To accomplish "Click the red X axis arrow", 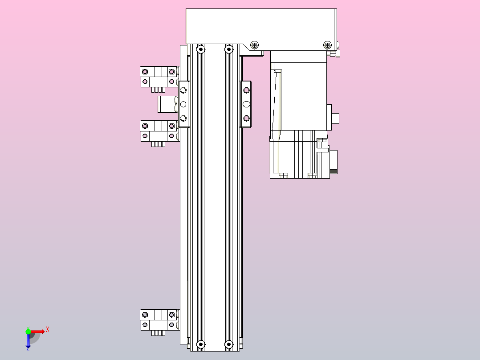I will click(x=39, y=331).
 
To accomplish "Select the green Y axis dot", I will click(x=28, y=331).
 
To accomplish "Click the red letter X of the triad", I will click(x=48, y=330).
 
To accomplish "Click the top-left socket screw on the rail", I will click(x=200, y=49).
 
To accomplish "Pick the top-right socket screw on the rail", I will click(x=229, y=49).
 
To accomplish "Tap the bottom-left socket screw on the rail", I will click(x=200, y=344).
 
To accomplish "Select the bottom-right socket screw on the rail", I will click(x=229, y=344).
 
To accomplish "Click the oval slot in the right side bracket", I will click(x=246, y=104).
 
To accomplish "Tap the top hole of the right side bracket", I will click(x=246, y=90).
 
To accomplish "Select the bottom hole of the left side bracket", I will click(x=183, y=118).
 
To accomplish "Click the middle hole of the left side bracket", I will click(x=183, y=104).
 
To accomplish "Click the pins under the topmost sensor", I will click(x=159, y=90).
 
